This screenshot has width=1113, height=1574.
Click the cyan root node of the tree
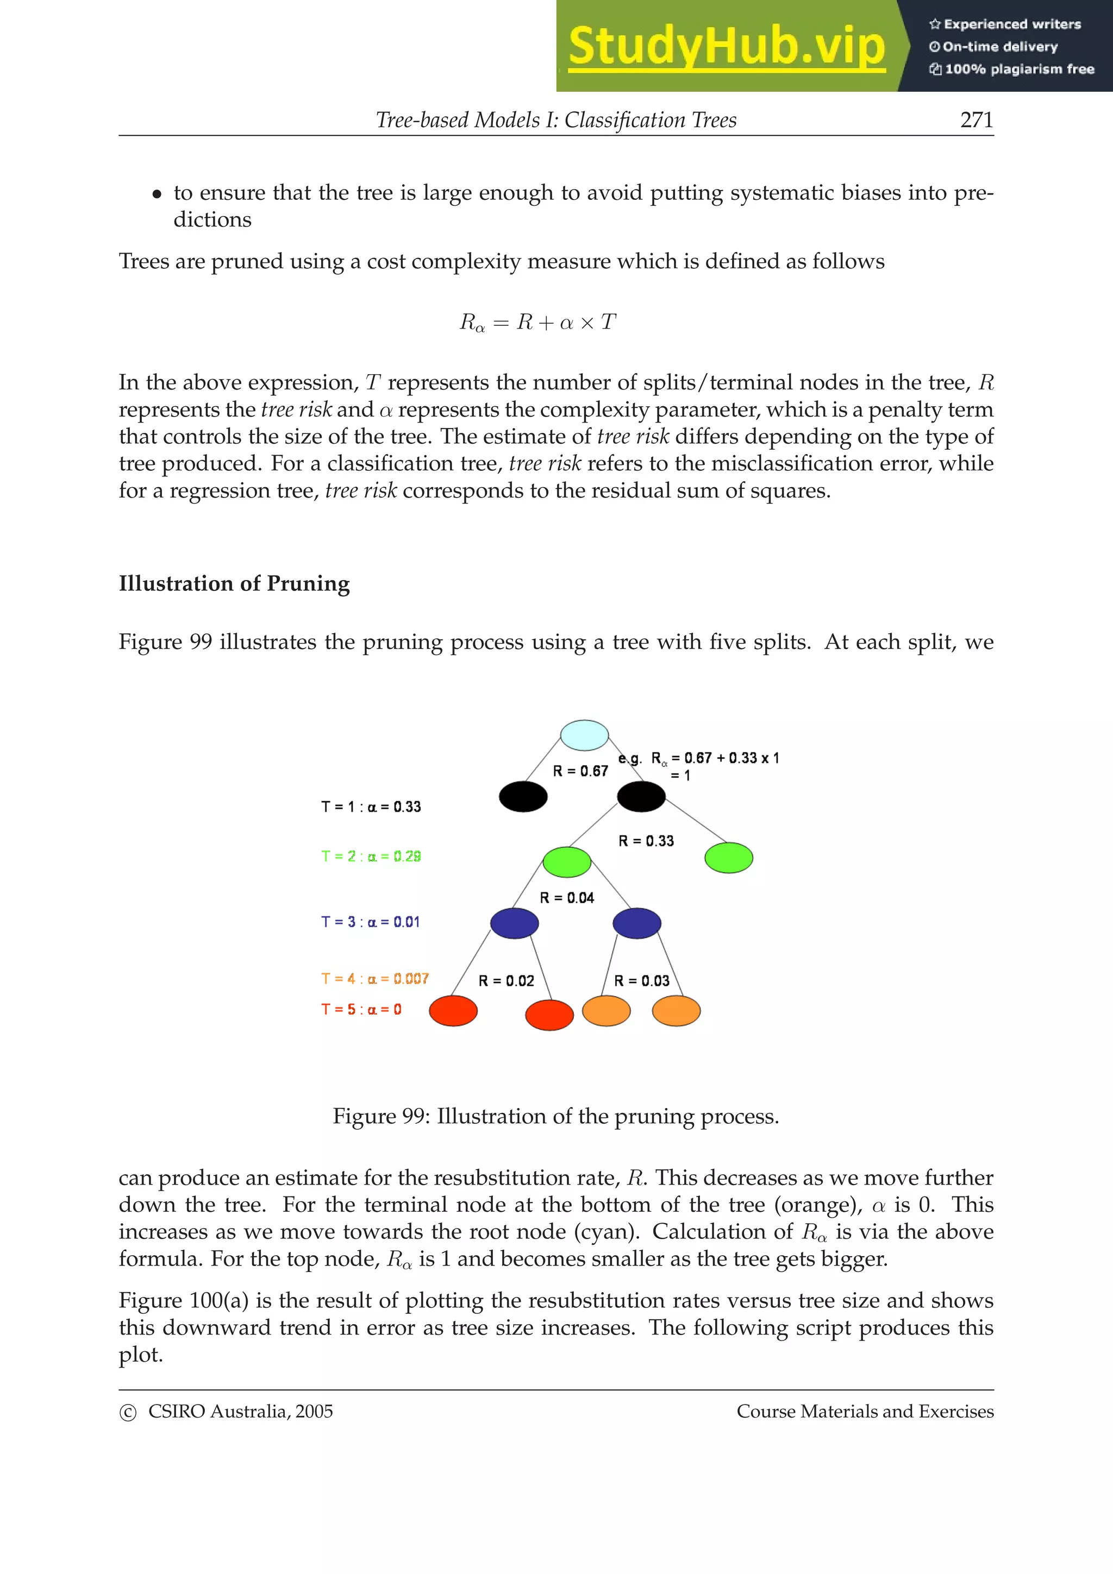click(x=584, y=735)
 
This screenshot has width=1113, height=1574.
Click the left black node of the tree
click(x=523, y=797)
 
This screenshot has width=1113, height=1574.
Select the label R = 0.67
click(x=580, y=771)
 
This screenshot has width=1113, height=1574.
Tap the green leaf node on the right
click(x=728, y=858)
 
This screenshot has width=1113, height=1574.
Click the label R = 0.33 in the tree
click(x=646, y=841)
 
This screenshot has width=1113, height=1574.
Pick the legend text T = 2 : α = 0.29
click(x=371, y=856)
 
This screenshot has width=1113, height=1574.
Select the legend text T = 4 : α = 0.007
click(x=374, y=979)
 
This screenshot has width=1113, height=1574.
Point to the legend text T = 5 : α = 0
click(x=361, y=1010)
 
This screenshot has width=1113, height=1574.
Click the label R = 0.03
click(x=641, y=981)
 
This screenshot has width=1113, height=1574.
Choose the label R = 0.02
click(x=506, y=981)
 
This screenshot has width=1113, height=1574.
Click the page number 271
click(x=977, y=120)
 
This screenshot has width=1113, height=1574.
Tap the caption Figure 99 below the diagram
click(x=555, y=1116)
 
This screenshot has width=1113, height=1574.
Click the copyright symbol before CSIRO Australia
click(x=128, y=1413)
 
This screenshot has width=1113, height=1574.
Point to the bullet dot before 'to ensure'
click(x=157, y=194)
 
